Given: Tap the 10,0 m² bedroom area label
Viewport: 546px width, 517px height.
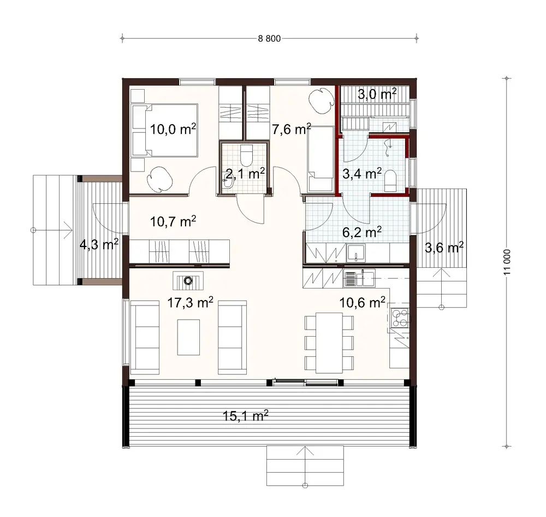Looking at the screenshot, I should coord(173,130).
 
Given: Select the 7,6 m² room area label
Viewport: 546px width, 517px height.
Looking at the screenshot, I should coord(291,129).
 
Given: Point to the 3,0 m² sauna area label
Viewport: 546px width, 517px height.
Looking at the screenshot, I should coord(377,94).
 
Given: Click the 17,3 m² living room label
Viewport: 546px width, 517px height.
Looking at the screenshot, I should coord(189,302).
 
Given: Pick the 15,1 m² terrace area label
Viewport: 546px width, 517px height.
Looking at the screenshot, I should coord(245,417).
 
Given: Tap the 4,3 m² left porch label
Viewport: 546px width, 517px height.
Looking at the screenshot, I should coord(99,244).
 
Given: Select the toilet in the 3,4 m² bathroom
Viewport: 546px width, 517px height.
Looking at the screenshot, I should coord(391,181).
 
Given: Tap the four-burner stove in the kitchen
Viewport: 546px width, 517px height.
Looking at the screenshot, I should coord(399,315).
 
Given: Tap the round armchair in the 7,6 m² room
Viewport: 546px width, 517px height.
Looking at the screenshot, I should coord(320,100).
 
